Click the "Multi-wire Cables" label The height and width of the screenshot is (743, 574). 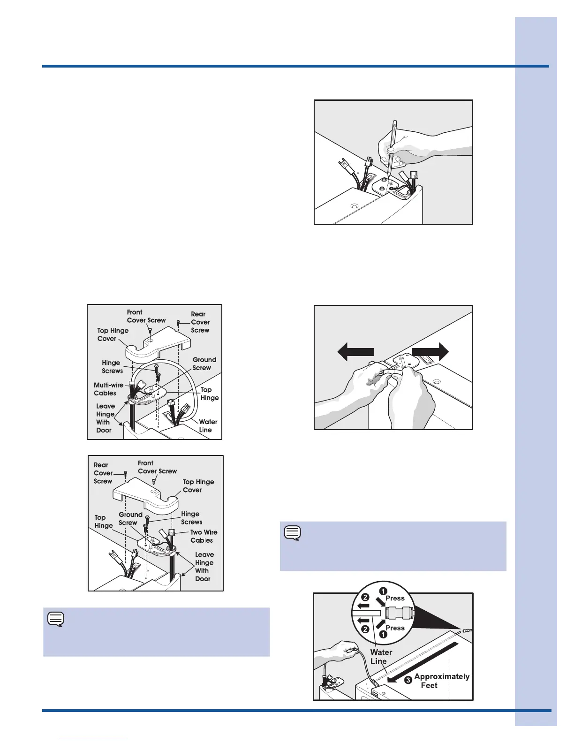(x=108, y=389)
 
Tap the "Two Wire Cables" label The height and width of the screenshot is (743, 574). (x=204, y=536)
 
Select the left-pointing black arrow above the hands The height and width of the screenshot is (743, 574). (x=356, y=352)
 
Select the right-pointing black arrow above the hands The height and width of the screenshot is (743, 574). (x=430, y=352)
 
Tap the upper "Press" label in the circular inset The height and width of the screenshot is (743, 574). (x=395, y=598)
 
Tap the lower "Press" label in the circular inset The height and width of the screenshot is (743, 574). (x=395, y=628)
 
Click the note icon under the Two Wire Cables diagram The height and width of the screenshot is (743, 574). (x=56, y=619)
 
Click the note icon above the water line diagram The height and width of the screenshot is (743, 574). (x=293, y=533)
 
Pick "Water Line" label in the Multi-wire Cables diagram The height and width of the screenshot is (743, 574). (x=208, y=426)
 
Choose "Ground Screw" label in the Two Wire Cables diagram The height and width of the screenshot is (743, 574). (x=130, y=519)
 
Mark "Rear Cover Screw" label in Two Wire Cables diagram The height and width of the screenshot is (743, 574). (x=103, y=473)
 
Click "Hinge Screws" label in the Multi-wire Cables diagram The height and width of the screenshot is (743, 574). (x=112, y=366)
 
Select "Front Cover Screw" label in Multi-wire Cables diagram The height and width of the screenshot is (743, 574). (x=146, y=316)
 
